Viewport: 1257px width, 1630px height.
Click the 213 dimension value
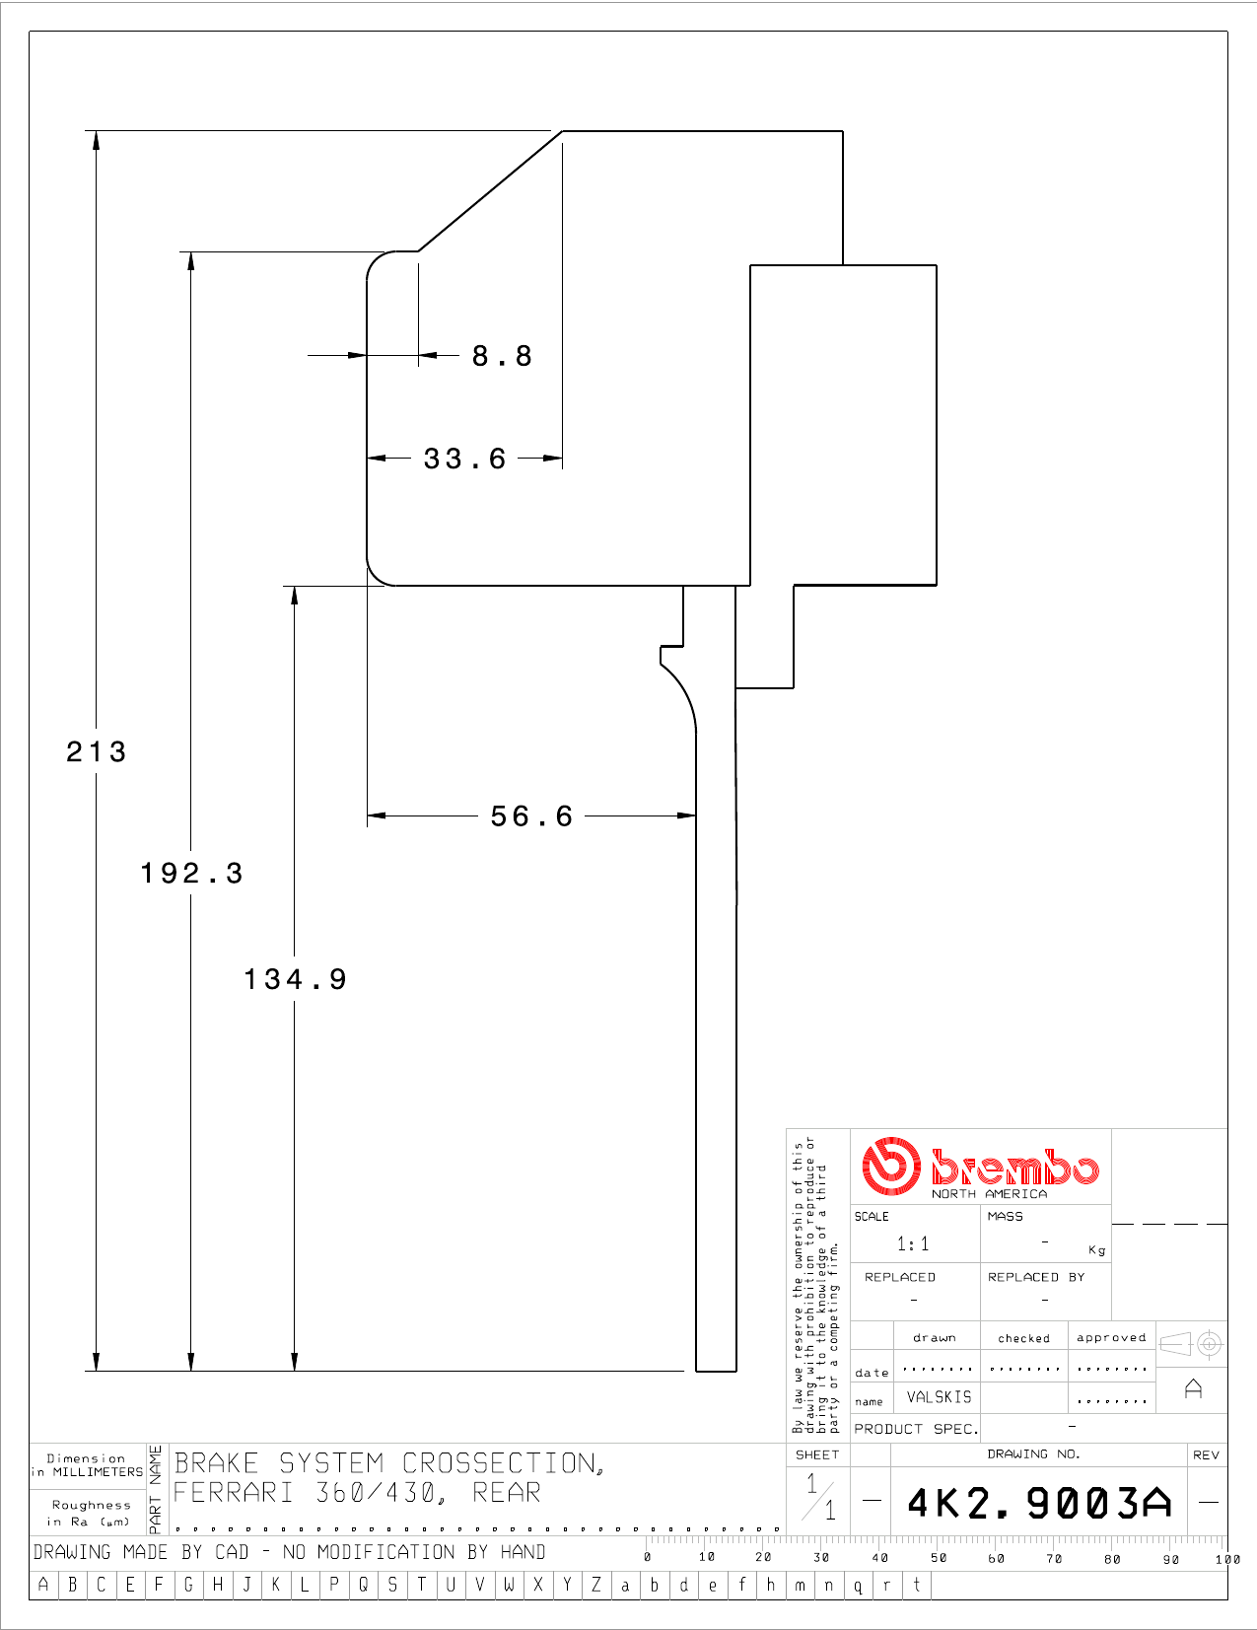tap(97, 751)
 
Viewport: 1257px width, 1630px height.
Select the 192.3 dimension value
tap(192, 873)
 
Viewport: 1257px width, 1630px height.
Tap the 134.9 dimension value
tap(296, 979)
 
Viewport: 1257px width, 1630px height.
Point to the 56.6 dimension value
tap(531, 816)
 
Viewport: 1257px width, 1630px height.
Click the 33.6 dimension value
tap(465, 459)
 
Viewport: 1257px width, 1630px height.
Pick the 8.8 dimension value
tap(503, 356)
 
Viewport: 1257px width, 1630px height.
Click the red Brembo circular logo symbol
tap(890, 1166)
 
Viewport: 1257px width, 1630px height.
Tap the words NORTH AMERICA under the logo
tap(989, 1193)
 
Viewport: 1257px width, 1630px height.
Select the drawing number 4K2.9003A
tap(1039, 1503)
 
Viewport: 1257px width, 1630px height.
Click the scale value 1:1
tap(913, 1243)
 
